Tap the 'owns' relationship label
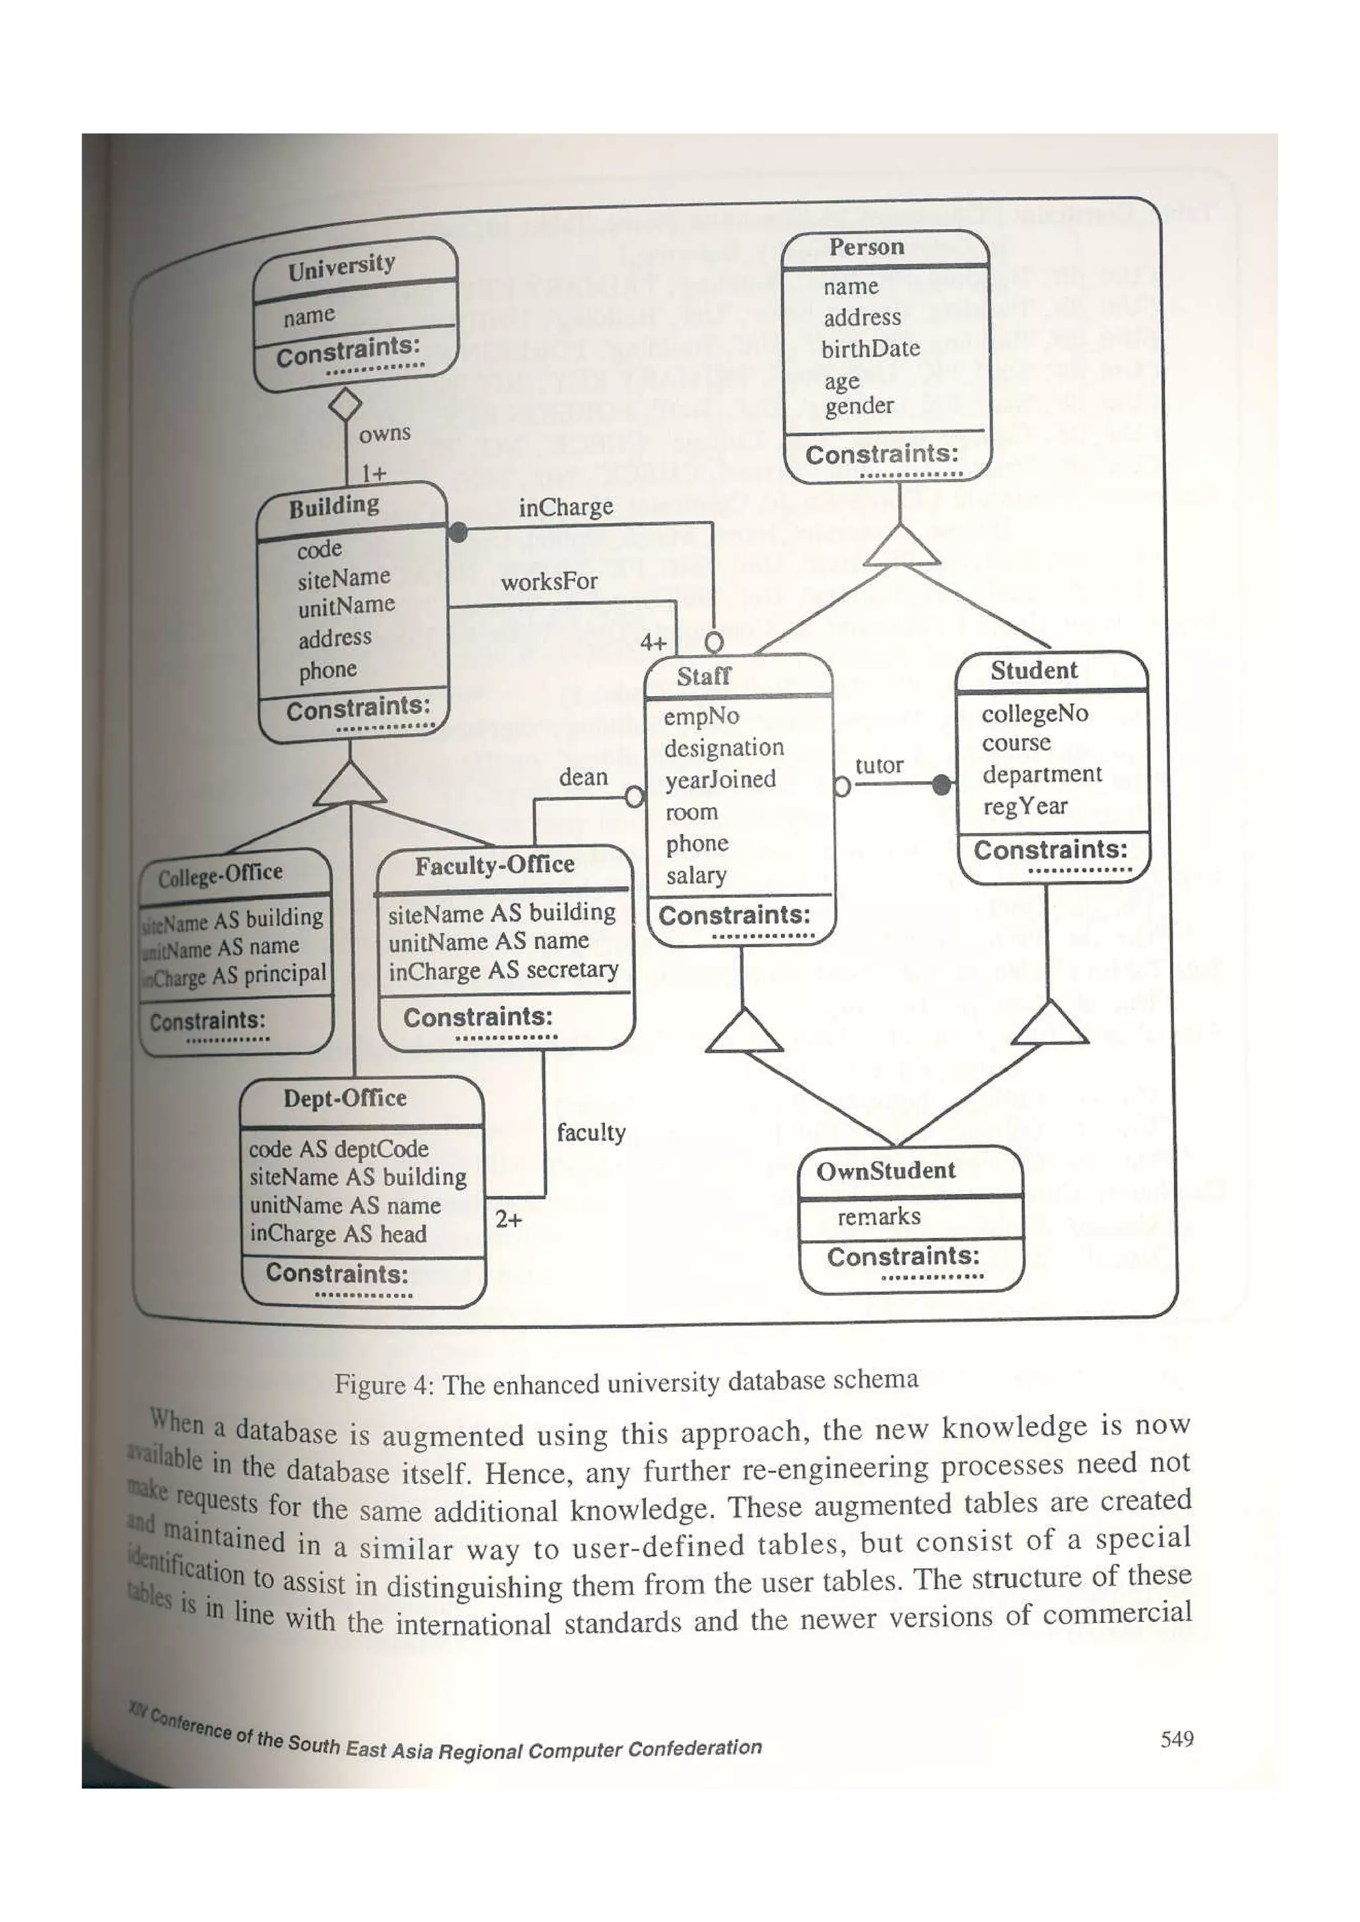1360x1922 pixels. pyautogui.click(x=384, y=433)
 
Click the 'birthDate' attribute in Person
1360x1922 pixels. pyautogui.click(x=870, y=349)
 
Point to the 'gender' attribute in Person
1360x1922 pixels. pyautogui.click(x=859, y=407)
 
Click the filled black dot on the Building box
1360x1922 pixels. pyautogui.click(x=458, y=532)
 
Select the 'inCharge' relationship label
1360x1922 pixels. pyautogui.click(x=565, y=507)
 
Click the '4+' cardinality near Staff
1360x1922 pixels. pyautogui.click(x=653, y=643)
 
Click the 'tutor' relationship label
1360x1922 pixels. pyautogui.click(x=879, y=766)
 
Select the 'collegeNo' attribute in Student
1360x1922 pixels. pyautogui.click(x=1035, y=714)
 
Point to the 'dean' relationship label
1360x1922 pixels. pyautogui.click(x=583, y=778)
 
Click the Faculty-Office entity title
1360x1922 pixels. pyautogui.click(x=495, y=865)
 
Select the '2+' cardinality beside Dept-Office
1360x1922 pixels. pyautogui.click(x=508, y=1220)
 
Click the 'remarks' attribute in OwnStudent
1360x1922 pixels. pyautogui.click(x=879, y=1217)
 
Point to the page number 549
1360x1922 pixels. pyautogui.click(x=1177, y=1739)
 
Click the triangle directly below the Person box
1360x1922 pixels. pyautogui.click(x=901, y=547)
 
